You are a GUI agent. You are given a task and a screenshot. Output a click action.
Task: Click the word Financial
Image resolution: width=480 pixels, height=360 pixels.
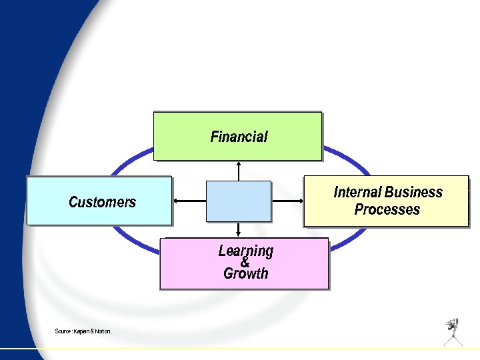239,137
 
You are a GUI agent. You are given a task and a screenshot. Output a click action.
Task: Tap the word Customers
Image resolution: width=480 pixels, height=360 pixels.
102,201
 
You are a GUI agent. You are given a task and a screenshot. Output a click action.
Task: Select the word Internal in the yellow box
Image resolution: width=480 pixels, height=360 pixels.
358,193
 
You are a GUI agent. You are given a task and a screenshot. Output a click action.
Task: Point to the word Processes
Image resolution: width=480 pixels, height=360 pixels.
387,209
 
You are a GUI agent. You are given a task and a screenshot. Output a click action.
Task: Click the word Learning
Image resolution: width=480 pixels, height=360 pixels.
245,251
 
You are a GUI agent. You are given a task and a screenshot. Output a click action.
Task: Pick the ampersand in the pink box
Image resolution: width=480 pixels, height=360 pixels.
245,262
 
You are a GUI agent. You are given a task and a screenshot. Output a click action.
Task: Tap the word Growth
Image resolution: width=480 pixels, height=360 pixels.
245,273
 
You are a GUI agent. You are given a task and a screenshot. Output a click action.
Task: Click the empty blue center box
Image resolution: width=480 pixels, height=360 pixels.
239,201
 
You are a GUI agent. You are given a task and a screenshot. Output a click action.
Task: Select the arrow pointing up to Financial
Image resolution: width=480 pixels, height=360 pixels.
239,171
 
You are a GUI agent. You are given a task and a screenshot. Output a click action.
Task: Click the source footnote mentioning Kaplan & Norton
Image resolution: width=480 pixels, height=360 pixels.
83,331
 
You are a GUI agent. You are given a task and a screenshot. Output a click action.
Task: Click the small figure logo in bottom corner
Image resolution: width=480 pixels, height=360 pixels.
453,331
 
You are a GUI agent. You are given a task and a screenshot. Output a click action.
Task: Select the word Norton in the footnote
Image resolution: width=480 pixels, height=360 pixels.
102,331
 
